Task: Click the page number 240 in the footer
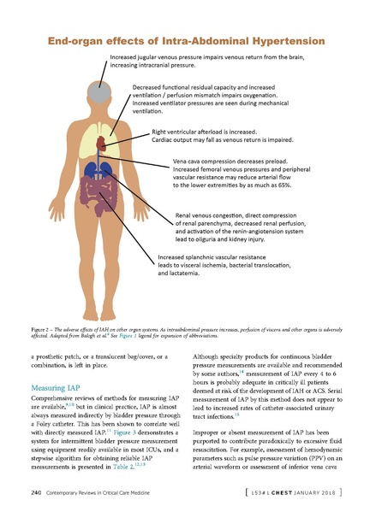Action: click(x=36, y=492)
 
